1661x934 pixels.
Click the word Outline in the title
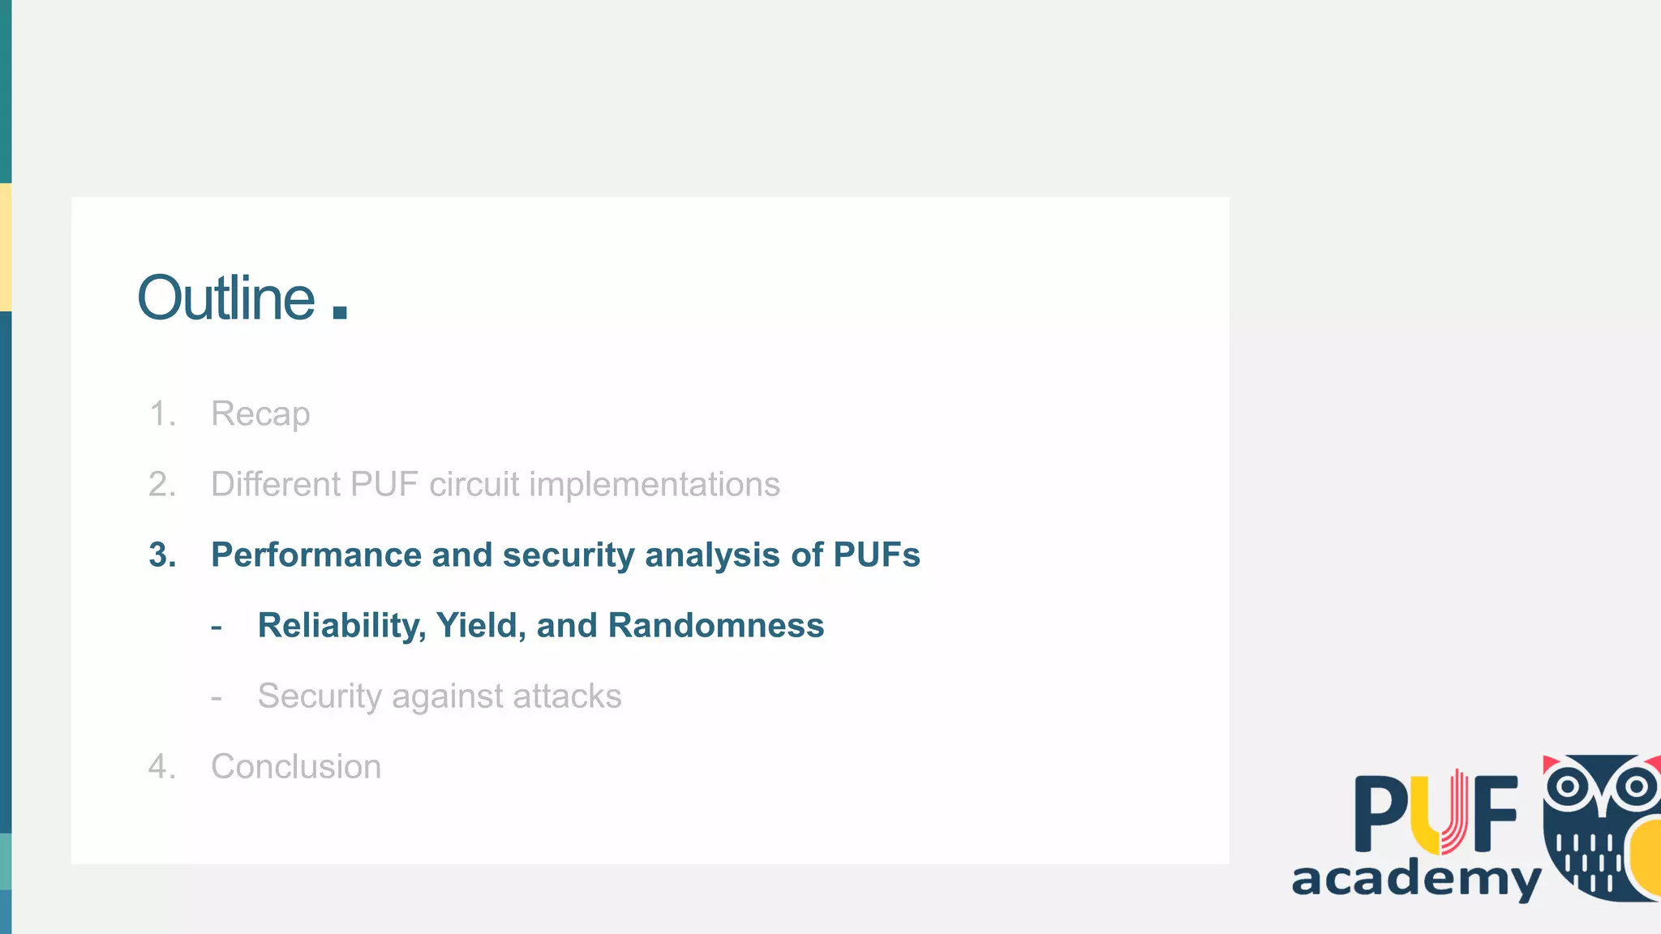pyautogui.click(x=226, y=298)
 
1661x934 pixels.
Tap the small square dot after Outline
pyautogui.click(x=340, y=312)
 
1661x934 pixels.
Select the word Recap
pyautogui.click(x=260, y=414)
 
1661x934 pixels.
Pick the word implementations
pyautogui.click(x=655, y=485)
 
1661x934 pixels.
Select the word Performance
pyautogui.click(x=316, y=555)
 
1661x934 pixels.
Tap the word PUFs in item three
pyautogui.click(x=877, y=555)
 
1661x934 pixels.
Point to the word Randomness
pyautogui.click(x=716, y=626)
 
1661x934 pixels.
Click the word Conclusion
pyautogui.click(x=296, y=767)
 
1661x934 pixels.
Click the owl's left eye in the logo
pyautogui.click(x=1567, y=786)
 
